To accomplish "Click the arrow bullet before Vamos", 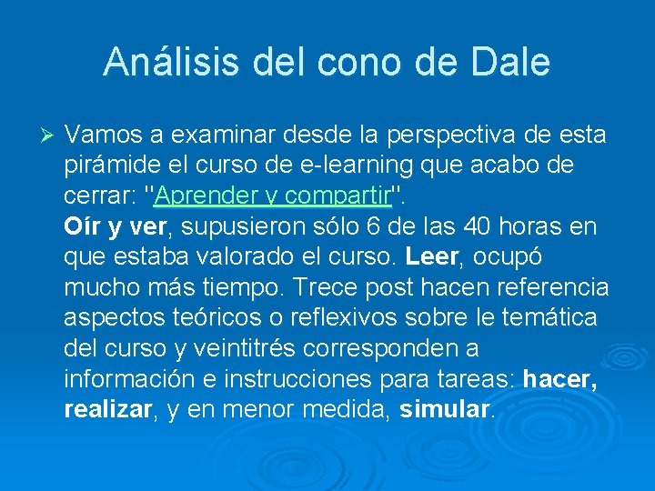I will [x=50, y=135].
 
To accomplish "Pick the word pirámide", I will [x=105, y=165].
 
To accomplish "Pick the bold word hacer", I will [x=560, y=379].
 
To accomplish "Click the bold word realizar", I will [x=106, y=410].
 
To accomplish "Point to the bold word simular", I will [x=445, y=410].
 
